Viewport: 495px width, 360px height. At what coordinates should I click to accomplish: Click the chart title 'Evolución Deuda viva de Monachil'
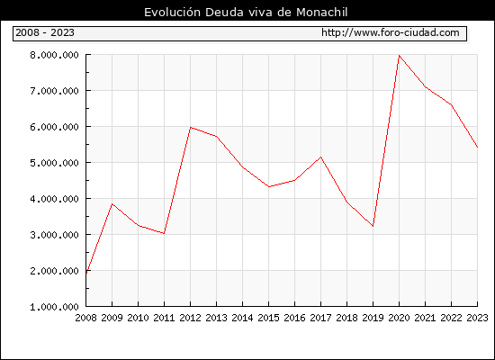coord(246,13)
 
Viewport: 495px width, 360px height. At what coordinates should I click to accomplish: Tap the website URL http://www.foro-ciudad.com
coord(391,32)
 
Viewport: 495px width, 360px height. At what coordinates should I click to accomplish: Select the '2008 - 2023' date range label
coord(45,32)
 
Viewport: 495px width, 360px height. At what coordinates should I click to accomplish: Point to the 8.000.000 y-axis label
coord(54,55)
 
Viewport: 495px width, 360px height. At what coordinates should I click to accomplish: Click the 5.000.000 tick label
coord(54,163)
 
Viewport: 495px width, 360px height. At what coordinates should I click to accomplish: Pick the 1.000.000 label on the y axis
coord(54,307)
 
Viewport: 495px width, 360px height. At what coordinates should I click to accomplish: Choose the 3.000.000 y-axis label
coord(54,235)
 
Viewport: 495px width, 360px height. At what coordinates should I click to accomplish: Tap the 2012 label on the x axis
coord(190,318)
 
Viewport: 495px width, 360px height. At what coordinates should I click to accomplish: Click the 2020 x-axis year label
coord(399,318)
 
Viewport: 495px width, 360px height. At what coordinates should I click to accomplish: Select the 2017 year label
coord(320,318)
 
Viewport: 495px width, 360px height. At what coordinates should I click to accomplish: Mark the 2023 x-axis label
coord(477,318)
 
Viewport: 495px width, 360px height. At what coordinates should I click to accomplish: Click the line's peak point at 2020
coord(400,56)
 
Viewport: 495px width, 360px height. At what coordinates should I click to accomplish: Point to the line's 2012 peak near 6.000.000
coord(191,127)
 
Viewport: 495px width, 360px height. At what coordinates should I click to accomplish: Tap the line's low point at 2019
coord(373,226)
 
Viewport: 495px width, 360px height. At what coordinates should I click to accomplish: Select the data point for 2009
coord(112,204)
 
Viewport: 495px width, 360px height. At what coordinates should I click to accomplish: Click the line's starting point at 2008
coord(86,273)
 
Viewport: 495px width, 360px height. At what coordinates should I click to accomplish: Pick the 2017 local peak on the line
coord(320,157)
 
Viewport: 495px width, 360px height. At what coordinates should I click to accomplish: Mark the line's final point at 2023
coord(477,148)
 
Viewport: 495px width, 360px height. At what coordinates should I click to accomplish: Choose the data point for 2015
coord(269,187)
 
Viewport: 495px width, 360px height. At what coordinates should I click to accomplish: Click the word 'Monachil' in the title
coord(322,13)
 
